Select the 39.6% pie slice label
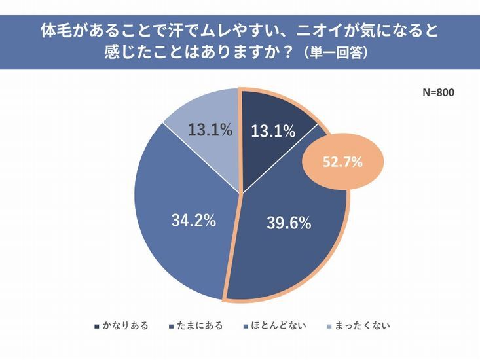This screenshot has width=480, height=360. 288,223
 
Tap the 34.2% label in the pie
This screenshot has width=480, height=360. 194,220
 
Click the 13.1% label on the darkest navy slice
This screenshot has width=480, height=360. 273,132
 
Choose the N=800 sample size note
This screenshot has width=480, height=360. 438,92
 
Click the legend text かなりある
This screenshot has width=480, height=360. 125,325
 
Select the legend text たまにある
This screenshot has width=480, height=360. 200,325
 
